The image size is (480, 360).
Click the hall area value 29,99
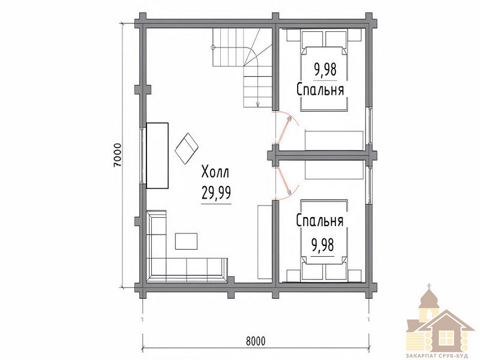pyautogui.click(x=216, y=193)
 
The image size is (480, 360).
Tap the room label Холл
pyautogui.click(x=215, y=172)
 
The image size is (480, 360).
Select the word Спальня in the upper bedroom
pyautogui.click(x=320, y=89)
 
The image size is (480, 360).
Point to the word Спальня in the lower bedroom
pyautogui.click(x=320, y=220)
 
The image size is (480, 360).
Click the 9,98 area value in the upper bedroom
pyautogui.click(x=325, y=69)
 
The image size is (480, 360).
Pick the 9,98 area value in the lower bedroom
pyautogui.click(x=322, y=245)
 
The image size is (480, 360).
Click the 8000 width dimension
pyautogui.click(x=256, y=341)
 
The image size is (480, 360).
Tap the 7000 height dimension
pyautogui.click(x=118, y=155)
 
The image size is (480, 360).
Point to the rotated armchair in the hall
pyautogui.click(x=187, y=148)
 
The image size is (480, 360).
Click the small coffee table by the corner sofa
pyautogui.click(x=186, y=241)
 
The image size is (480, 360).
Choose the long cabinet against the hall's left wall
pyautogui.click(x=157, y=155)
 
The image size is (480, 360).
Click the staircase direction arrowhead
pyautogui.click(x=258, y=104)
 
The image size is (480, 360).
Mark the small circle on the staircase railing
pyautogui.click(x=213, y=47)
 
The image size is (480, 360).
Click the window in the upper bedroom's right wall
pyautogui.click(x=370, y=125)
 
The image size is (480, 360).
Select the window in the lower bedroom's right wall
pyautogui.click(x=370, y=185)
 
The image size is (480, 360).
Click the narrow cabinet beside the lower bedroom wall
pyautogui.click(x=265, y=242)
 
